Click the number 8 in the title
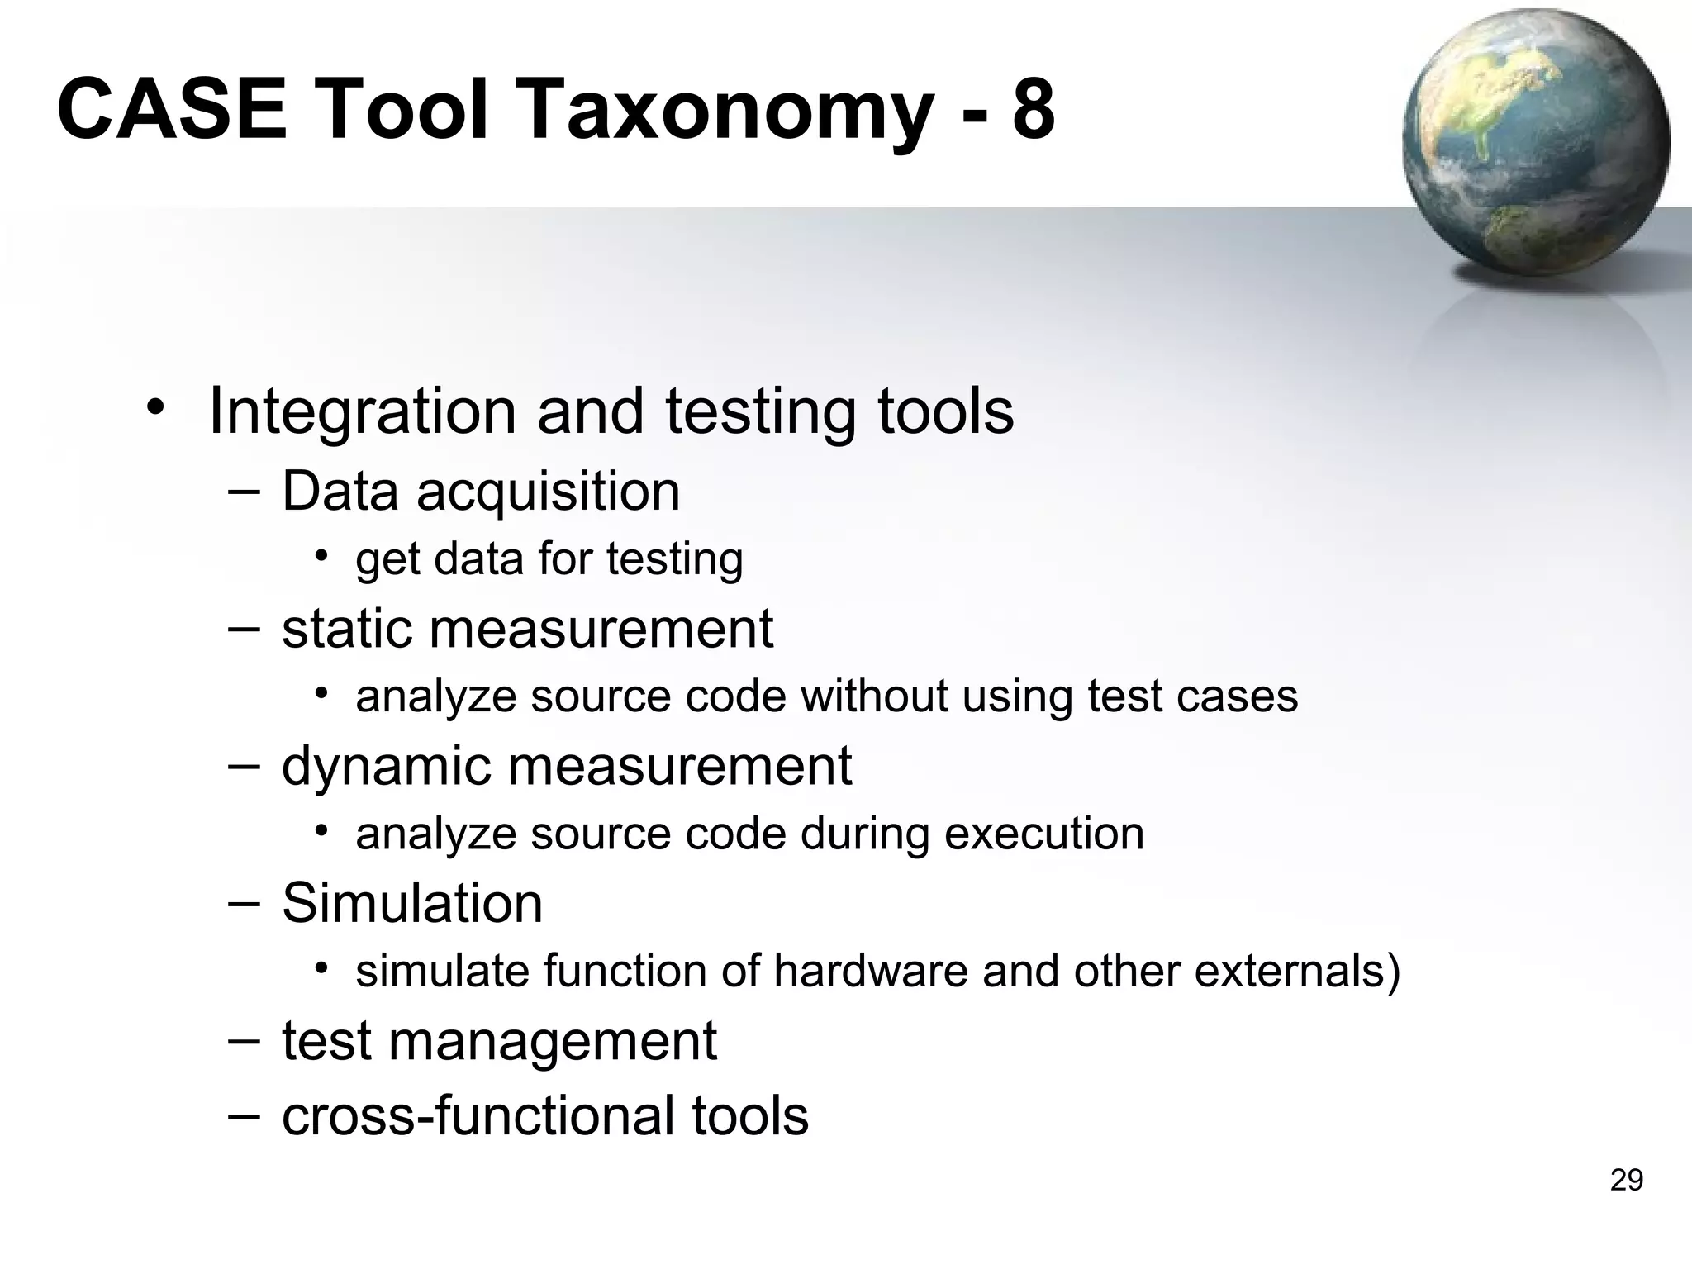[1033, 110]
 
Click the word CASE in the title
[172, 110]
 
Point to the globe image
[1536, 145]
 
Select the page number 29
[1626, 1181]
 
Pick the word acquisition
[548, 492]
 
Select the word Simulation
[412, 903]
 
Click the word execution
[1043, 834]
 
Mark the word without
[873, 696]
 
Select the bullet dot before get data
[321, 555]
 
